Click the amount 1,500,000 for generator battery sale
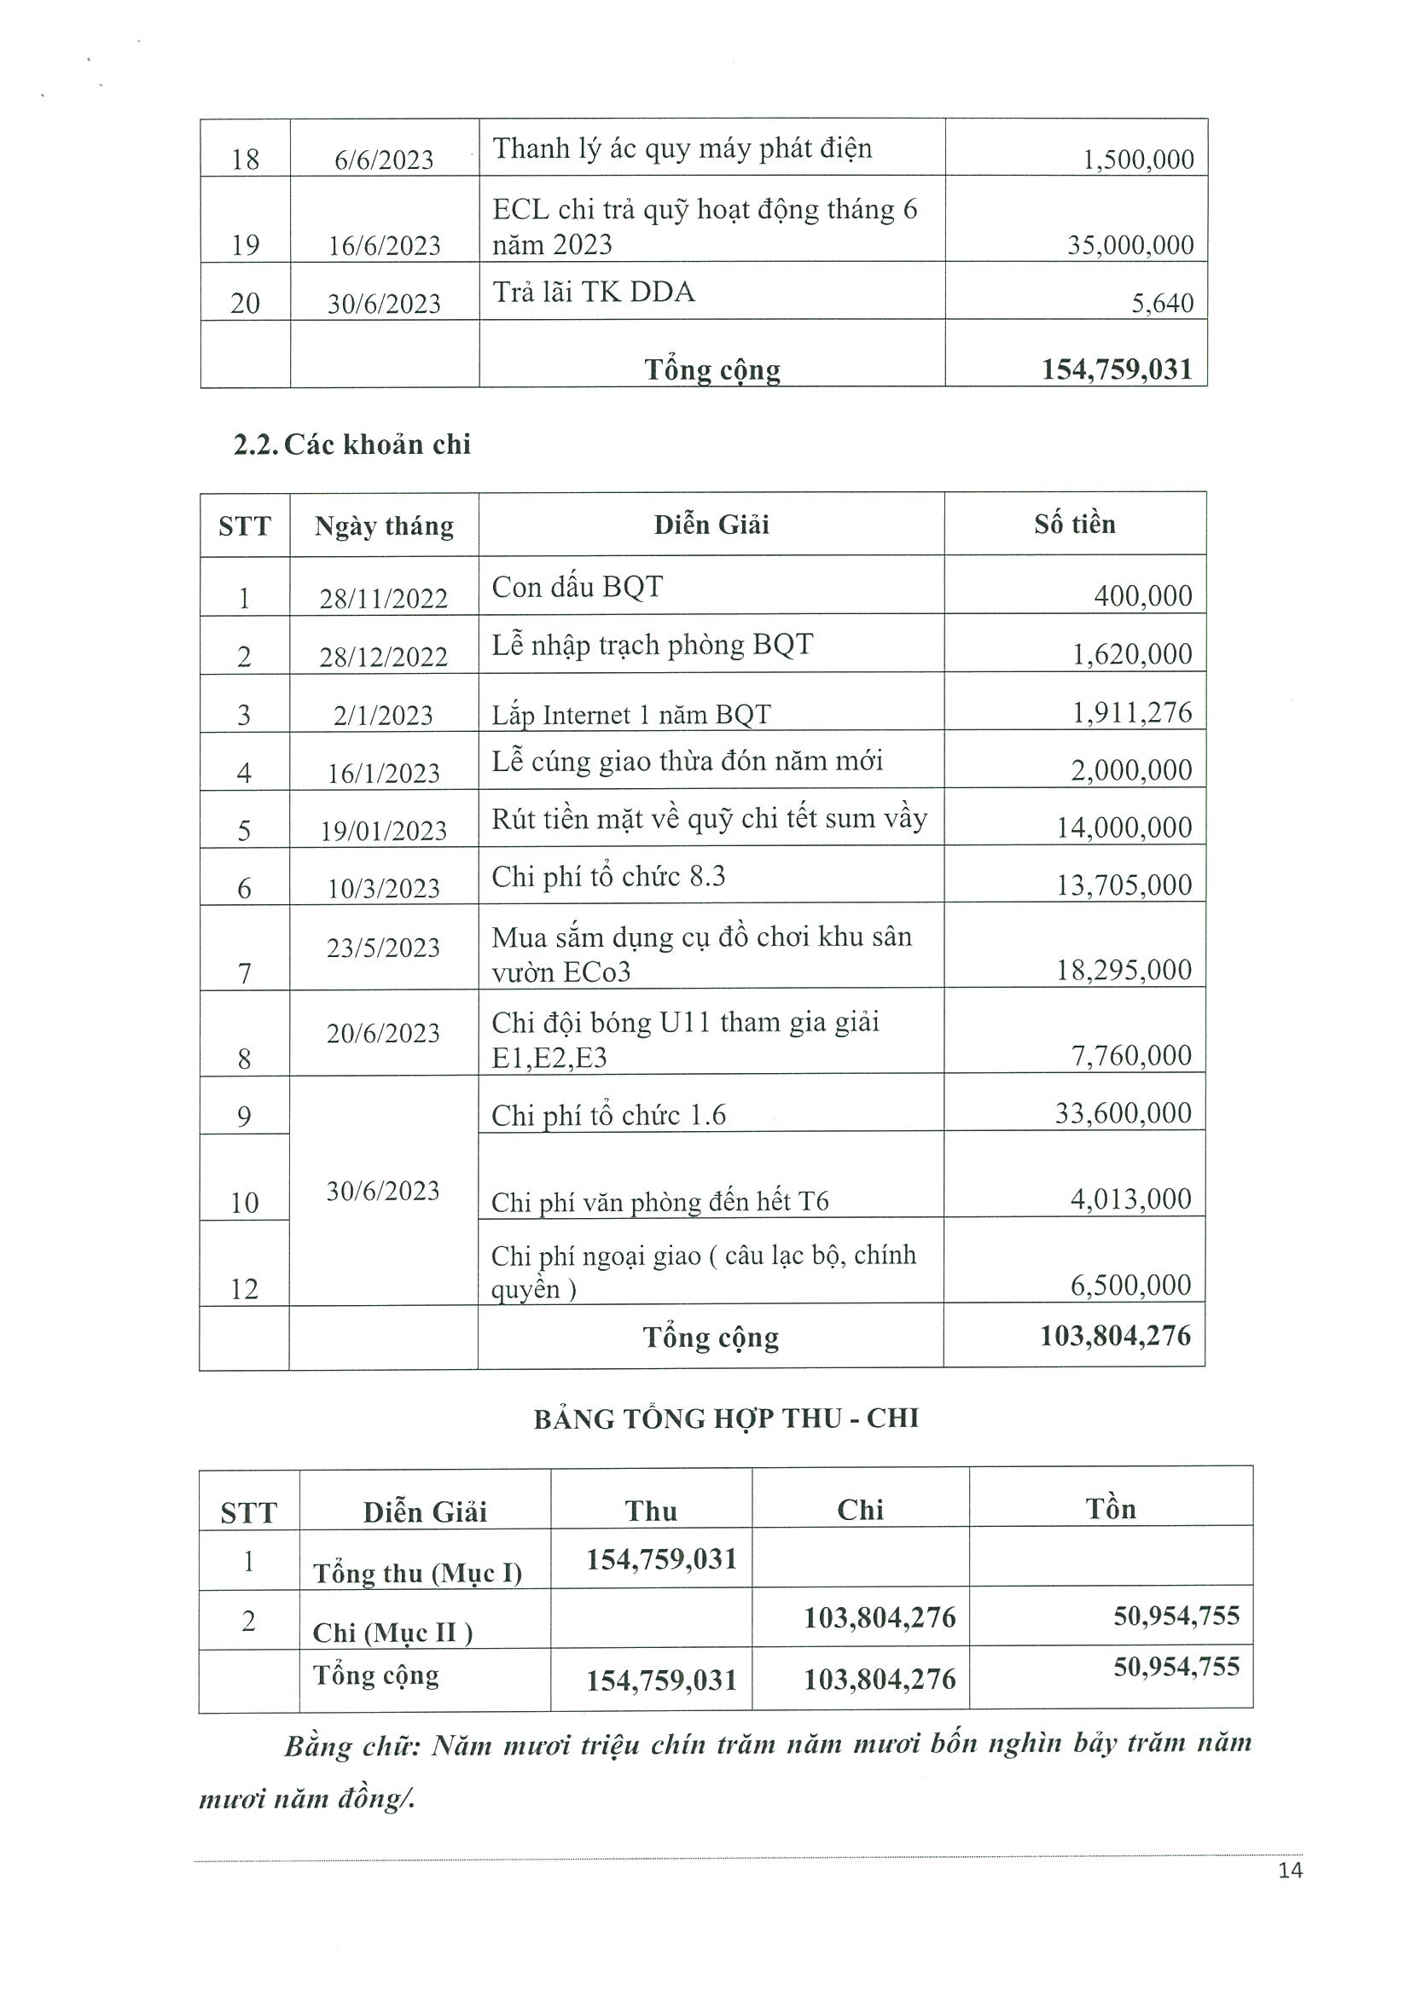[1137, 160]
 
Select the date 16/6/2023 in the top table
[384, 246]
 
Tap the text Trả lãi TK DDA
[593, 292]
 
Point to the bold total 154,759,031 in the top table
[1117, 370]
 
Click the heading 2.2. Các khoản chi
[352, 445]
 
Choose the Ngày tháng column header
[383, 527]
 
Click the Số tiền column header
[1075, 525]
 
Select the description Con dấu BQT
[577, 588]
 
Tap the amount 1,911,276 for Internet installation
[1131, 713]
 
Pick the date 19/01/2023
[383, 831]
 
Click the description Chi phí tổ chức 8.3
[607, 876]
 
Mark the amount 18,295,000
[1124, 970]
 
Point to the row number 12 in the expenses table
[244, 1289]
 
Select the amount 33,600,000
[1123, 1114]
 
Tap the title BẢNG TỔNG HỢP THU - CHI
[726, 1419]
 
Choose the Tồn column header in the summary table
[1110, 1509]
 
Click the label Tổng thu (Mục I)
[417, 1573]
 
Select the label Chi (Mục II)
[392, 1633]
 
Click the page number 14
[1290, 1871]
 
